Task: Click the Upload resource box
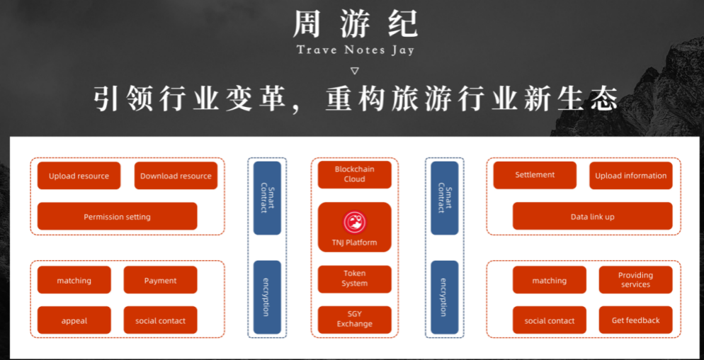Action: [x=79, y=176]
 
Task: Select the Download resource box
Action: [x=176, y=176]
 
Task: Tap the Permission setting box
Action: [x=117, y=216]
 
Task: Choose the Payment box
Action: [x=160, y=280]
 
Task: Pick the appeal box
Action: [x=74, y=320]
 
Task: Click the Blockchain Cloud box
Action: [x=354, y=174]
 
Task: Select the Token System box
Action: [x=354, y=279]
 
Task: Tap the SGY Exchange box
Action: [x=354, y=319]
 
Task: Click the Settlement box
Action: [x=535, y=174]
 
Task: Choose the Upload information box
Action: [x=630, y=175]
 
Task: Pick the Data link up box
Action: [x=592, y=216]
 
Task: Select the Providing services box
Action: [x=635, y=280]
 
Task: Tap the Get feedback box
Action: [x=635, y=320]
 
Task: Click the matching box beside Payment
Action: [x=74, y=280]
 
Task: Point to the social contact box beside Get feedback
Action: [x=549, y=320]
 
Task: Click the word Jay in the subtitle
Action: [x=401, y=50]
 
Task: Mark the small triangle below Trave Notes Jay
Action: [x=355, y=71]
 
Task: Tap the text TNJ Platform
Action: [x=354, y=242]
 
